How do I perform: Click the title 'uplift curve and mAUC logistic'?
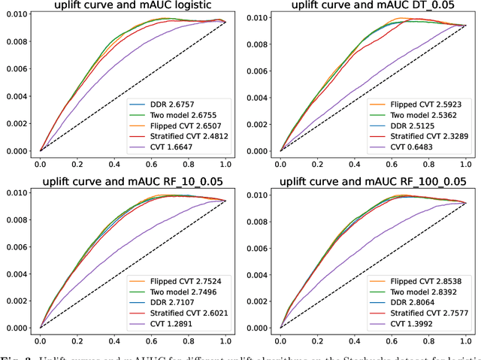click(x=132, y=6)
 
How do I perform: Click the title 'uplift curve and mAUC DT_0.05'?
click(x=373, y=6)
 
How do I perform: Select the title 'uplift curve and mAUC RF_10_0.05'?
click(x=132, y=182)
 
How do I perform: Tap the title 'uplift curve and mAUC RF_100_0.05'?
click(x=373, y=182)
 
